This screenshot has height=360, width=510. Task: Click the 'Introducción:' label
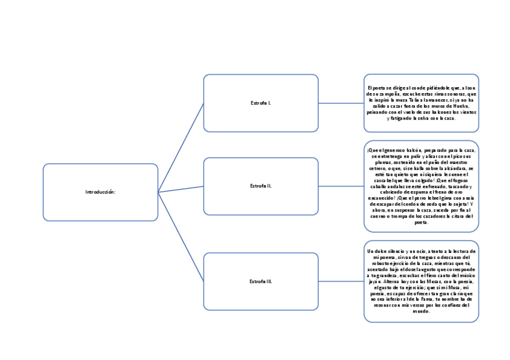tap(100, 192)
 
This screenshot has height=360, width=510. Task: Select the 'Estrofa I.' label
tap(260, 103)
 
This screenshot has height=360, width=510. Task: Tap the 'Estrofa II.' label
tap(260, 186)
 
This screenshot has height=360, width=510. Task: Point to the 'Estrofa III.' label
tap(260, 281)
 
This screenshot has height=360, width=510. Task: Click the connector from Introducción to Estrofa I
tap(180, 148)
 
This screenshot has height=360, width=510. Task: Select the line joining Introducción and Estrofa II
tap(180, 189)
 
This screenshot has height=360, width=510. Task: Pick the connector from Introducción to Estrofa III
tap(180, 237)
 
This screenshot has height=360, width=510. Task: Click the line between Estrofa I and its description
tap(340, 103)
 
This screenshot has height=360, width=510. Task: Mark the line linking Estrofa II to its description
tap(340, 186)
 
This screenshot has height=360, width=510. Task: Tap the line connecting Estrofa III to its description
tap(340, 281)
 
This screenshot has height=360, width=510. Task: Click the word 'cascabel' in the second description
tap(383, 180)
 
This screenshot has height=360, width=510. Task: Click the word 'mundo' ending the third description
tap(421, 311)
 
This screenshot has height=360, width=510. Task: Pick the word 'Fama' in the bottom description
tap(425, 299)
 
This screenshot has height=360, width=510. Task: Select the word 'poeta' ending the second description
tap(421, 222)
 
